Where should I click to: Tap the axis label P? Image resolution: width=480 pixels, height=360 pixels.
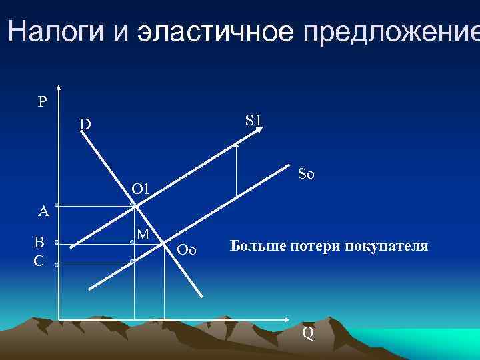pyautogui.click(x=42, y=102)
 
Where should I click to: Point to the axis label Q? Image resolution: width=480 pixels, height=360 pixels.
pyautogui.click(x=308, y=333)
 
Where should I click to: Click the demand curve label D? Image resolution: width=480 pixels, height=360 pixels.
pyautogui.click(x=85, y=125)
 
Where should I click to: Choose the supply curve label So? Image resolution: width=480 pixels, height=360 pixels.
pyautogui.click(x=306, y=175)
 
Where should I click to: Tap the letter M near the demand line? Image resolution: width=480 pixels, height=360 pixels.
pyautogui.click(x=142, y=234)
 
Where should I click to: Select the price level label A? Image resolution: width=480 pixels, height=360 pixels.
pyautogui.click(x=43, y=212)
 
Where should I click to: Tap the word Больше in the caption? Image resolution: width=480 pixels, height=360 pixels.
pyautogui.click(x=256, y=246)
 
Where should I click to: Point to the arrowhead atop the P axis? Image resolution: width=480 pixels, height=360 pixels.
pyautogui.click(x=59, y=89)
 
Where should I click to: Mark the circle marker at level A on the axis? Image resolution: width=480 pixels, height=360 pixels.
pyautogui.click(x=57, y=205)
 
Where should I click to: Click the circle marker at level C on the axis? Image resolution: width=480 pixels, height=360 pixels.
pyautogui.click(x=57, y=265)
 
